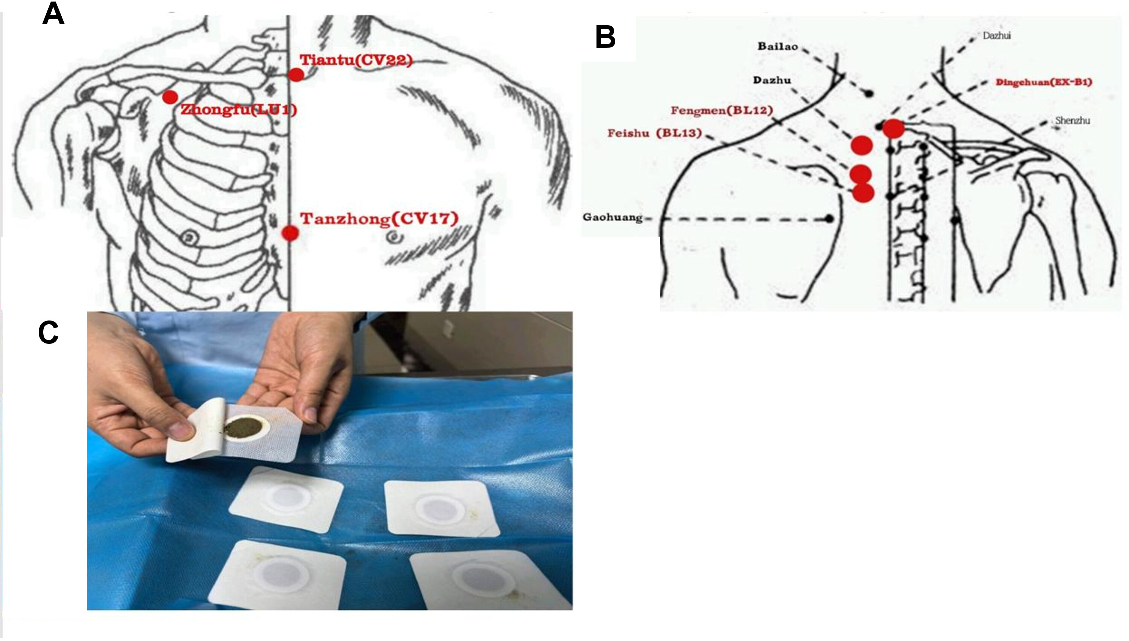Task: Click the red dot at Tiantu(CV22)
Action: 296,75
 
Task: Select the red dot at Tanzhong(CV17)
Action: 290,233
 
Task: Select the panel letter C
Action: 49,333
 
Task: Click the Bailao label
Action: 777,46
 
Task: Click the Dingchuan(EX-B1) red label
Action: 1044,82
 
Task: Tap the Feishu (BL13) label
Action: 654,133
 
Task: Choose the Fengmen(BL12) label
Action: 722,110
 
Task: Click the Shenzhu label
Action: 1073,120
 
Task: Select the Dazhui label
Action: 997,35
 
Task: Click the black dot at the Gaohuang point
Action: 829,218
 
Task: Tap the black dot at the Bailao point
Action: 868,94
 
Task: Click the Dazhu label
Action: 772,80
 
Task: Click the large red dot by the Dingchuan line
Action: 893,129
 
